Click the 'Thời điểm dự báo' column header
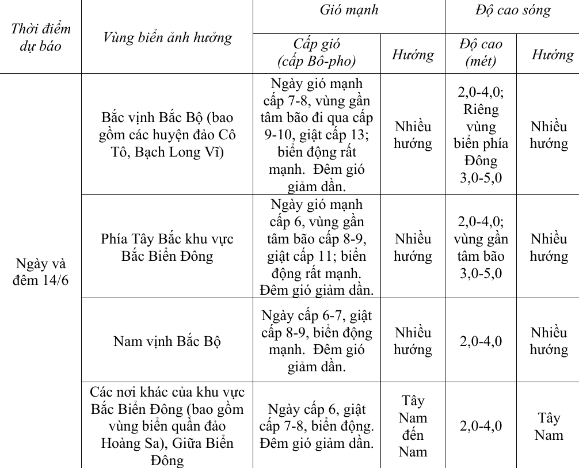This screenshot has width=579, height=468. [40, 37]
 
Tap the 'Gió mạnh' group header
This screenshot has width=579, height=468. [349, 10]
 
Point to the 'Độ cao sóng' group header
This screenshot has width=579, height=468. [512, 10]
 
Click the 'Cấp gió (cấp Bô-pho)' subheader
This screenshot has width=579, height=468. [317, 53]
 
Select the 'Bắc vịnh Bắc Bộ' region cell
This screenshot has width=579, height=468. [167, 135]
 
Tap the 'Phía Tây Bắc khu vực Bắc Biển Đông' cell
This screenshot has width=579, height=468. [167, 247]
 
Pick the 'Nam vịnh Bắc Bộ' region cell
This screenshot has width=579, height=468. [167, 341]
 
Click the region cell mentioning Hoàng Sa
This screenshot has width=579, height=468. [167, 426]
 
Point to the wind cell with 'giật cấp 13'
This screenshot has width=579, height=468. [317, 135]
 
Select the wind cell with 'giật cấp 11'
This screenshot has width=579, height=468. [317, 247]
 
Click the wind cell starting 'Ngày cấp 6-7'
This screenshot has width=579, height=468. [317, 341]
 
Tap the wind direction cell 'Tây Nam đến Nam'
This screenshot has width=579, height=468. [413, 426]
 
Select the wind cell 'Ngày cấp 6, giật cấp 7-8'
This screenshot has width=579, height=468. [317, 426]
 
